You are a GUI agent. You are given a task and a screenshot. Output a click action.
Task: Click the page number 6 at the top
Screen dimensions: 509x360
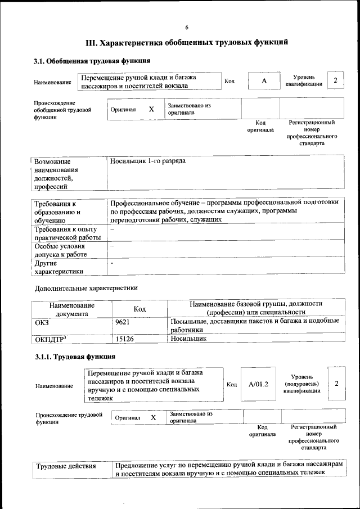click(x=187, y=28)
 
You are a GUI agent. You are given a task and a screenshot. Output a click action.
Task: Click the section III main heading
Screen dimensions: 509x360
click(x=187, y=43)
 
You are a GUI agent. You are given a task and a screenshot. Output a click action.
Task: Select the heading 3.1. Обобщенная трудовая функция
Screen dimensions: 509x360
click(x=92, y=61)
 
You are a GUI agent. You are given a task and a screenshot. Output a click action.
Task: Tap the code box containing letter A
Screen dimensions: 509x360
click(x=263, y=81)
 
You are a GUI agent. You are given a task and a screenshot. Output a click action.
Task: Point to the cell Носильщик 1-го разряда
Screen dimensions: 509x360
click(x=148, y=161)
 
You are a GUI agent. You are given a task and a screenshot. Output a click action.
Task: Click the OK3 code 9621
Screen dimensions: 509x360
click(x=122, y=321)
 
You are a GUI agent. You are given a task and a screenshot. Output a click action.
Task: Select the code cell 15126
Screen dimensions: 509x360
click(x=124, y=339)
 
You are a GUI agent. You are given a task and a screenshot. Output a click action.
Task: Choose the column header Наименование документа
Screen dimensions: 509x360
click(x=71, y=309)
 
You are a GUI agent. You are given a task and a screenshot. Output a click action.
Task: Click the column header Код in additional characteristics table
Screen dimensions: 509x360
click(x=139, y=309)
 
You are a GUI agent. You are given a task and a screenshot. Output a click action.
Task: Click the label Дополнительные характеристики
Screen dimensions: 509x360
click(x=85, y=288)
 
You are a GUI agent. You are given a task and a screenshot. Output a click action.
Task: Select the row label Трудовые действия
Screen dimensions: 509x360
click(x=66, y=466)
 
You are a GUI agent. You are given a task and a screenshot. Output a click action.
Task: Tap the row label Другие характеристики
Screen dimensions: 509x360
click(x=59, y=267)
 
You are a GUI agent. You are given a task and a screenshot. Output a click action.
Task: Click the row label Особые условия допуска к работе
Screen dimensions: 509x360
click(x=62, y=250)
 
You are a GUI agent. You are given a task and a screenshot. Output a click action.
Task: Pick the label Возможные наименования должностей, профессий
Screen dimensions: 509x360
click(x=56, y=174)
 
